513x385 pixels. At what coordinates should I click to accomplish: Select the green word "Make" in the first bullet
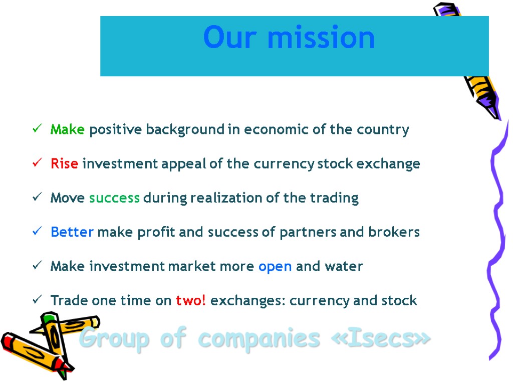coord(68,130)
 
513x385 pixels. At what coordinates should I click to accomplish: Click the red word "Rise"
coord(64,164)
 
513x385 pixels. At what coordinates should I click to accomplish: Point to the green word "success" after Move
coord(114,198)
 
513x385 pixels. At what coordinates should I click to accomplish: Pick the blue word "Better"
coord(72,232)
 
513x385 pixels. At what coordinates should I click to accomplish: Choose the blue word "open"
coord(275,267)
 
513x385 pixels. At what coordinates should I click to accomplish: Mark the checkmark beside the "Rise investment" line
coord(36,164)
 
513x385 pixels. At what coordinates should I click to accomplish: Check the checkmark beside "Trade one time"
coord(36,300)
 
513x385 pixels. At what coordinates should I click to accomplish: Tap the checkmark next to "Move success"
coord(36,198)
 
